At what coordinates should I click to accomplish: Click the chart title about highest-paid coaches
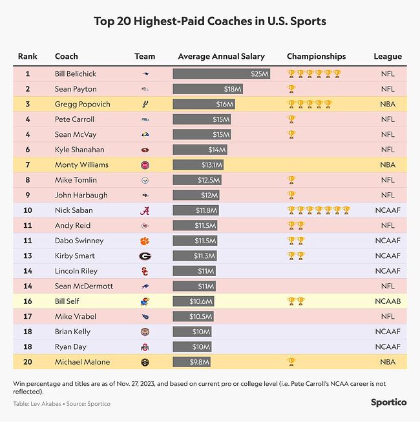tap(210, 21)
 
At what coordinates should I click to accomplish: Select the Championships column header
tap(316, 56)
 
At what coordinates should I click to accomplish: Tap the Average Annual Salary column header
tap(221, 56)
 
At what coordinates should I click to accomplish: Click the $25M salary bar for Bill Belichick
tap(221, 74)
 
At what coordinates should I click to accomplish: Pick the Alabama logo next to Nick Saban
tap(145, 210)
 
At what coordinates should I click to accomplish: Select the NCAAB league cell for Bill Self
tap(388, 301)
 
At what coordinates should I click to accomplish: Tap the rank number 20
tap(28, 362)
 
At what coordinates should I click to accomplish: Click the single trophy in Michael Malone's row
tap(291, 362)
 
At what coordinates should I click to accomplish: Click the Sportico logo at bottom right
tap(388, 402)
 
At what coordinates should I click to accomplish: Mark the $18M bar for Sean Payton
tap(207, 89)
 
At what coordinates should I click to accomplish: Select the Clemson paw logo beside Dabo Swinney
tap(145, 241)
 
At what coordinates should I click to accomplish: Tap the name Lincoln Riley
tap(76, 271)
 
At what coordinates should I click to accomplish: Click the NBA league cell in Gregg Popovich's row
tap(388, 104)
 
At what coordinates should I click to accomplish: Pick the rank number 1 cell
tap(28, 74)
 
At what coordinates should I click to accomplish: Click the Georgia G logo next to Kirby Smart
tap(145, 256)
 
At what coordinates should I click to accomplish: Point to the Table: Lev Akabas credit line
tap(61, 404)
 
